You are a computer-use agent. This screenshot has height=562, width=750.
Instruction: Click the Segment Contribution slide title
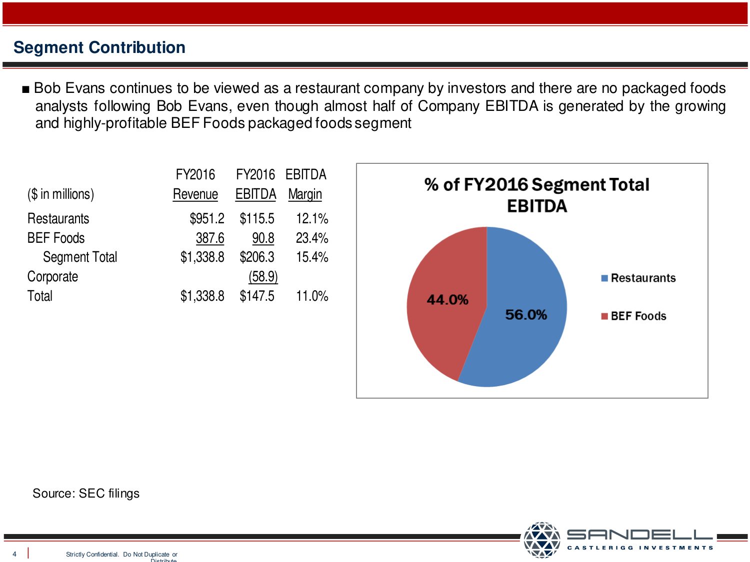[99, 47]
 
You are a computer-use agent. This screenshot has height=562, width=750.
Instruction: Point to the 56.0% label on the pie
[525, 315]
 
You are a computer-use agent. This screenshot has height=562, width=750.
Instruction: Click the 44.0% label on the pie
[447, 300]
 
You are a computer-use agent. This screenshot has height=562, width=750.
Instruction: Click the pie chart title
[536, 195]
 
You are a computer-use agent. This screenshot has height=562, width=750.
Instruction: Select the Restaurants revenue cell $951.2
[206, 219]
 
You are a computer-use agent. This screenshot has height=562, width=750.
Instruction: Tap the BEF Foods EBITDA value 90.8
[263, 238]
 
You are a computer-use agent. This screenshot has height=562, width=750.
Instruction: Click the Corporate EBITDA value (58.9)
[263, 277]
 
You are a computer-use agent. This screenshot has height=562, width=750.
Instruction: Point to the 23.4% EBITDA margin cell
[311, 238]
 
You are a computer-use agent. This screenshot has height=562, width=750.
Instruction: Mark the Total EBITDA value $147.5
[257, 296]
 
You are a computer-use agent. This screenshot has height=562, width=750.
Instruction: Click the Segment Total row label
[80, 257]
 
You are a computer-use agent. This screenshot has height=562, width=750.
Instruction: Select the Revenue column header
[195, 194]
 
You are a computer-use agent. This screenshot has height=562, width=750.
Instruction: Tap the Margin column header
[305, 194]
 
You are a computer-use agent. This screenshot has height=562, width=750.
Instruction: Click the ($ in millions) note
[60, 194]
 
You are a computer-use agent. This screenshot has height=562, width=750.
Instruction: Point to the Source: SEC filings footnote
[86, 494]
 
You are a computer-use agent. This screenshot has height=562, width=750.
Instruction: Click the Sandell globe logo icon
[542, 540]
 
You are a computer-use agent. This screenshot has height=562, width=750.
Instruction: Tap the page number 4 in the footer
[14, 554]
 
